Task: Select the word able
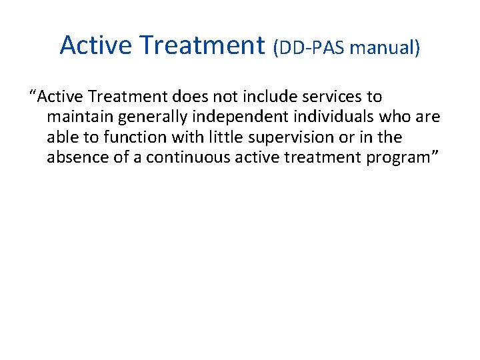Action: (61, 137)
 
